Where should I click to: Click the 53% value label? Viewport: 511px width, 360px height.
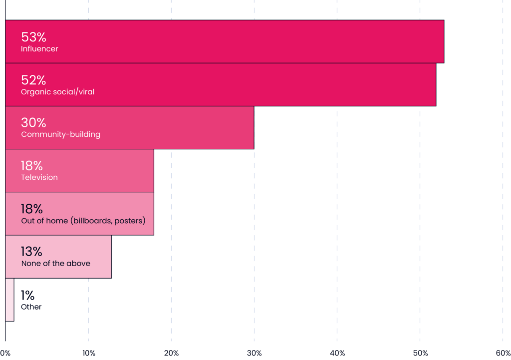coord(33,37)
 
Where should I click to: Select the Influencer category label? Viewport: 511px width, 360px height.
coord(39,49)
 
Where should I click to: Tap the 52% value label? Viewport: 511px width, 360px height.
coord(33,80)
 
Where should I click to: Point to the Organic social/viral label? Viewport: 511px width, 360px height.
coord(58,92)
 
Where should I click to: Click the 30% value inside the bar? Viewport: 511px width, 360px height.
coord(33,123)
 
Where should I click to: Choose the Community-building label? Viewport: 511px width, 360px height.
coord(60,134)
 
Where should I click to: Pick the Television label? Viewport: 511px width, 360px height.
coord(39,177)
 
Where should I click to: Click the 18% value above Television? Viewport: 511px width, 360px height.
coord(32,166)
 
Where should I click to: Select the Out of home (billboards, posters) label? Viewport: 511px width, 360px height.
coord(83,221)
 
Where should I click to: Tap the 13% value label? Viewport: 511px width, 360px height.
coord(31,252)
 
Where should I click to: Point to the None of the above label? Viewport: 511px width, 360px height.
coord(56,264)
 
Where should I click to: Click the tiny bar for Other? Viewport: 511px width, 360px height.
coord(9,300)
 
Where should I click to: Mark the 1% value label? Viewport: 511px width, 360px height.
coord(28,296)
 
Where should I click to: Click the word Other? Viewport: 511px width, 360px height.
coord(31,307)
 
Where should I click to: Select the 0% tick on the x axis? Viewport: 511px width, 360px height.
coord(5,353)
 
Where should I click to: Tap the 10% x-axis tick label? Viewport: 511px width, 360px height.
coord(89,353)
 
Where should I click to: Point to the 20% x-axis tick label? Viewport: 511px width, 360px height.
coord(172,353)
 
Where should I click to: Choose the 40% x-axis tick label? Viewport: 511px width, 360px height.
coord(337,353)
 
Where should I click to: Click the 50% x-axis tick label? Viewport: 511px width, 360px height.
coord(420,353)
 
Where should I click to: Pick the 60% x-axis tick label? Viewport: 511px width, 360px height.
coord(503,353)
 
